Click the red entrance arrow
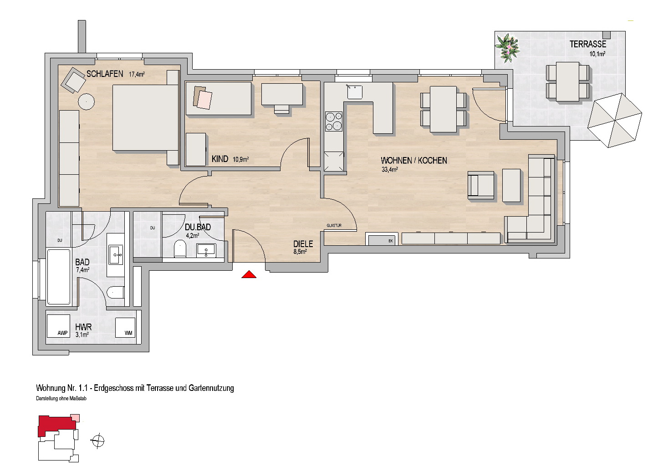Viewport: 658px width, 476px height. click(249, 274)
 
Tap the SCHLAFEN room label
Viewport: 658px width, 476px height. click(105, 74)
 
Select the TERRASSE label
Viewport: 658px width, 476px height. click(588, 44)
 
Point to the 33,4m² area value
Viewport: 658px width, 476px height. click(389, 169)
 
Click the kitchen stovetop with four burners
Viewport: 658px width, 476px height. click(333, 122)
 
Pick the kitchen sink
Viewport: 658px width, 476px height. click(355, 91)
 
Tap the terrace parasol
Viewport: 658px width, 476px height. click(615, 121)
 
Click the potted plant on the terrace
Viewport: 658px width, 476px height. click(507, 48)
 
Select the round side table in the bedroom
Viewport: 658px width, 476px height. click(87, 101)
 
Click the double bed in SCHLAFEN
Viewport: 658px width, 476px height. click(145, 117)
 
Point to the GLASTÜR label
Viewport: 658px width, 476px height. click(334, 226)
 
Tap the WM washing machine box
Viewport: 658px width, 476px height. click(125, 327)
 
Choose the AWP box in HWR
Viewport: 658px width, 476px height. click(58, 326)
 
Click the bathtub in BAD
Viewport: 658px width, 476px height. click(59, 277)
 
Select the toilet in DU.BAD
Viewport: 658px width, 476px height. click(180, 248)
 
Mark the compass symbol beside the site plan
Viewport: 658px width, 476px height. click(98, 441)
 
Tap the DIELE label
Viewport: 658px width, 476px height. click(303, 244)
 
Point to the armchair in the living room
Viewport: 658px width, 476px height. click(481, 186)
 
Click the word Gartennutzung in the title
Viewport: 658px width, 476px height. click(211, 388)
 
